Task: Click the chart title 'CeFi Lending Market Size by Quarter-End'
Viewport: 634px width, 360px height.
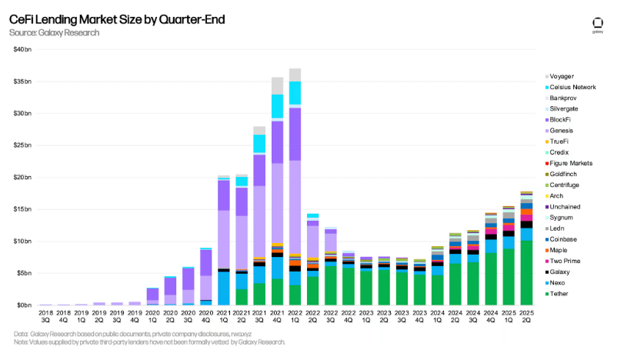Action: coord(117,19)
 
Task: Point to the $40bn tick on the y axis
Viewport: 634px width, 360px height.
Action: coord(23,49)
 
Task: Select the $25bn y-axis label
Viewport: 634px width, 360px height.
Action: coord(23,145)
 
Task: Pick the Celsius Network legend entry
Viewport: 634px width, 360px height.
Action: coord(572,87)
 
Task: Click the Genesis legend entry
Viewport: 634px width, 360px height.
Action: coord(561,131)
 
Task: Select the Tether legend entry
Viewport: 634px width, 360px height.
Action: coord(559,294)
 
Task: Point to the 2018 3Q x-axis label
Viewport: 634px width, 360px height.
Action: coord(46,317)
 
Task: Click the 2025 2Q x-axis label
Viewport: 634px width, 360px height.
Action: coord(526,317)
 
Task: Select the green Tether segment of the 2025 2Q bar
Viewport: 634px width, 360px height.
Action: coord(526,273)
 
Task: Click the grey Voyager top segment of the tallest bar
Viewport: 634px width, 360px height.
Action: coord(295,75)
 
